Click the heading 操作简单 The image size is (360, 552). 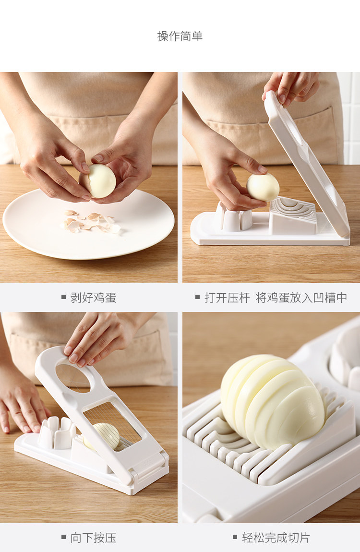pyautogui.click(x=180, y=36)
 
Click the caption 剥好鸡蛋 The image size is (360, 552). pyautogui.click(x=93, y=298)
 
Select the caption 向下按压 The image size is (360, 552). pyautogui.click(x=93, y=538)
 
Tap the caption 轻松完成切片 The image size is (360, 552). pyautogui.click(x=276, y=538)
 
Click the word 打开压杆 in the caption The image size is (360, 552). pyautogui.click(x=227, y=298)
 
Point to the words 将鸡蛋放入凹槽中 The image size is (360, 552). pyautogui.click(x=301, y=298)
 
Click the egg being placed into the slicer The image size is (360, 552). pyautogui.click(x=263, y=187)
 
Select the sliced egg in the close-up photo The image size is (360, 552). pyautogui.click(x=272, y=401)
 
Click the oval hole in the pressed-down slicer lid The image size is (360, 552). pyautogui.click(x=73, y=378)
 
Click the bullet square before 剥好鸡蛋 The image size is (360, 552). pyautogui.click(x=64, y=297)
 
